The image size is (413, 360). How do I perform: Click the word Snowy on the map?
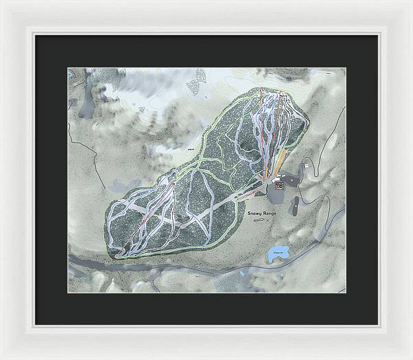(257, 214)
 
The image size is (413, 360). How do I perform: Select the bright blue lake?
(278, 251)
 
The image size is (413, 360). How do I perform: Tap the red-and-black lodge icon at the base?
(279, 184)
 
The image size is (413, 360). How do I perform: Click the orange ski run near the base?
(277, 165)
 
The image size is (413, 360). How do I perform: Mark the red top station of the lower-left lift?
(174, 185)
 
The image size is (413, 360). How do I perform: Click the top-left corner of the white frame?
(3, 3)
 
